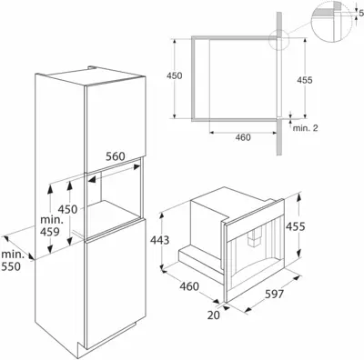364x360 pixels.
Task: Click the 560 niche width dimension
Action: coord(116,156)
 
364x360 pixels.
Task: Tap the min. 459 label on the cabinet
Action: coord(52,225)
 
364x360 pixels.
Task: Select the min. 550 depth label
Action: coord(12,260)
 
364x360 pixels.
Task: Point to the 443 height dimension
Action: coord(159,240)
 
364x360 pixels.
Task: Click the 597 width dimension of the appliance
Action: coord(275,294)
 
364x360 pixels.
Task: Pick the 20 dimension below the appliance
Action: coord(214,315)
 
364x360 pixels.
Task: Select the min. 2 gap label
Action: coord(305,128)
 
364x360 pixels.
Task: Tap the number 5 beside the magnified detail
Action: coord(361,13)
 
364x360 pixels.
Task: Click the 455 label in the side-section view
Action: coord(305,80)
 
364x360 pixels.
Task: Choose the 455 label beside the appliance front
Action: coord(296,226)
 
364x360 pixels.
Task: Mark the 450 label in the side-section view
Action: coord(175,75)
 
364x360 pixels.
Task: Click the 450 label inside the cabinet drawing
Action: coord(67,209)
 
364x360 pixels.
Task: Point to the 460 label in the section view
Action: coord(243,137)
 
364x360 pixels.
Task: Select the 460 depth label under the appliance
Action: coord(189,286)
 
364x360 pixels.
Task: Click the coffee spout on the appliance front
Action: coord(254,236)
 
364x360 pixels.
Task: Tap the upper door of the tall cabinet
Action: coord(115,121)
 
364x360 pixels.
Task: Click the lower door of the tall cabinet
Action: coord(116,284)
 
